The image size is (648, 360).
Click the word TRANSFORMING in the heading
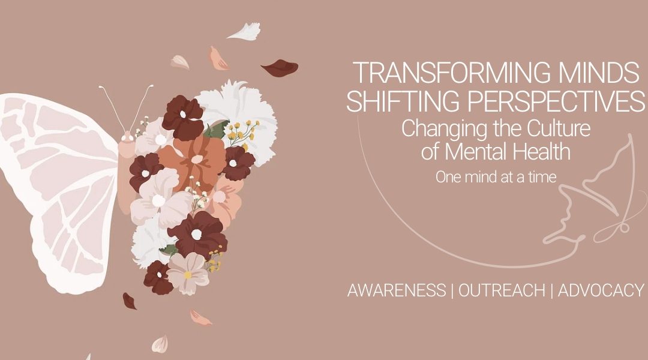(x=449, y=73)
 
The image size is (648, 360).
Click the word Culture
(x=559, y=128)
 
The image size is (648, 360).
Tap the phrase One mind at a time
(x=496, y=178)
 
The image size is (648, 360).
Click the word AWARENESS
(x=397, y=290)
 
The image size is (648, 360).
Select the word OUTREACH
(x=502, y=290)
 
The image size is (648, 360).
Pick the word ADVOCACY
(x=601, y=290)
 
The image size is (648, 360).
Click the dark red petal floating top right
(x=280, y=68)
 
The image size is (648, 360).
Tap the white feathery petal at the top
(x=245, y=31)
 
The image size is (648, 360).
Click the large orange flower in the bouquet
(x=194, y=162)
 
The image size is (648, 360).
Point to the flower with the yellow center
(x=188, y=273)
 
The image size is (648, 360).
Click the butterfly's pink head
(x=127, y=136)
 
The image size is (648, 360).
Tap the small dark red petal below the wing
(x=130, y=301)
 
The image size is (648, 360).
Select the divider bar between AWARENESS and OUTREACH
(x=452, y=290)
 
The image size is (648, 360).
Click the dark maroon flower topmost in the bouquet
(x=182, y=118)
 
